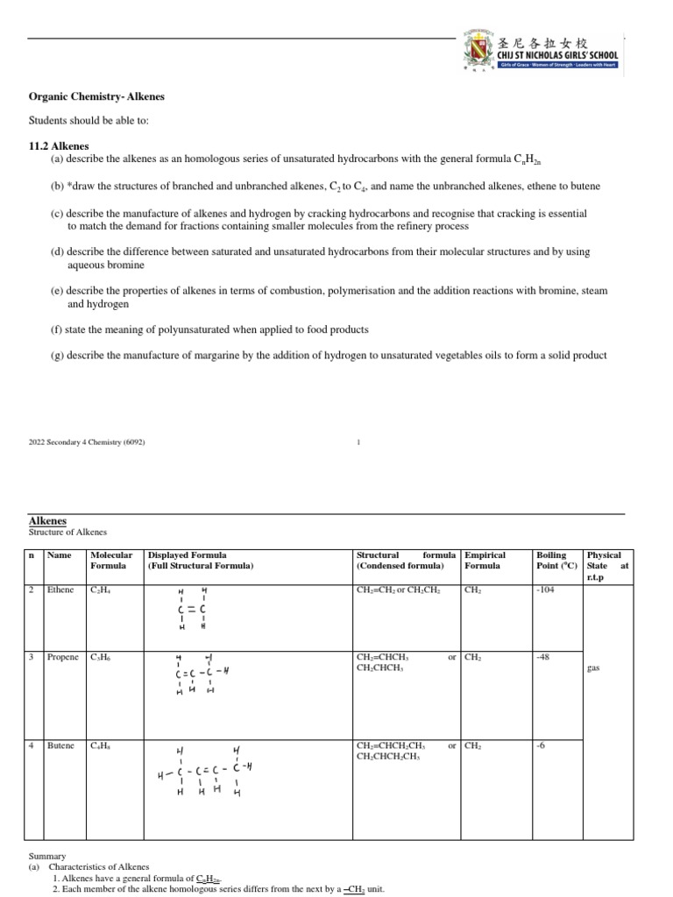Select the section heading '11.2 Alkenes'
tap(60, 145)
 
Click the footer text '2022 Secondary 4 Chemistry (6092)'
tap(87, 442)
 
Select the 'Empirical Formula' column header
tap(485, 561)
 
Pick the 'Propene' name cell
tap(63, 657)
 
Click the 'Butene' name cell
tap(61, 746)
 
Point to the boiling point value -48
tap(542, 657)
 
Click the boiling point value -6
tap(540, 746)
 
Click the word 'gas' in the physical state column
tap(592, 667)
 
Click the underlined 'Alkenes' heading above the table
tap(47, 520)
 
